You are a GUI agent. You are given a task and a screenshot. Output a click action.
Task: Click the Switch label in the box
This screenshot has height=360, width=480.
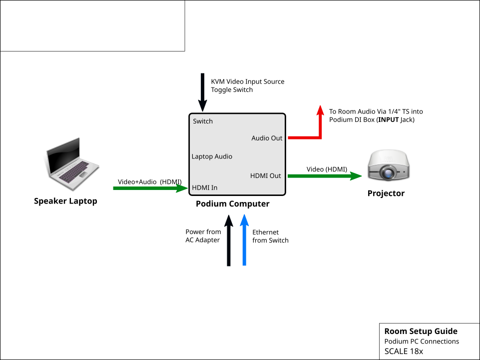pos(203,121)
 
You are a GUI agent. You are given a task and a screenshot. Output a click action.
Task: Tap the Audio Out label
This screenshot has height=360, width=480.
pos(267,138)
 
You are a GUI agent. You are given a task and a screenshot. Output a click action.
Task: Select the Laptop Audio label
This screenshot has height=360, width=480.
pos(212,156)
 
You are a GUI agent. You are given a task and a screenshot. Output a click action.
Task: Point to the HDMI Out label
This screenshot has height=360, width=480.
pos(265,176)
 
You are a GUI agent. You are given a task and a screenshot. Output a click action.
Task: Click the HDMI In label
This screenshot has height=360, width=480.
pos(205,188)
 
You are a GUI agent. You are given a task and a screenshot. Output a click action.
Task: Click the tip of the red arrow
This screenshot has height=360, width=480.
pos(320,107)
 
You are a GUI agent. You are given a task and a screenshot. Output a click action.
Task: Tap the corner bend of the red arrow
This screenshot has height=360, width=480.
pos(320,137)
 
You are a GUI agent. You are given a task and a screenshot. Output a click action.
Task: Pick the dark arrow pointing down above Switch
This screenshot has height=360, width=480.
pos(203,92)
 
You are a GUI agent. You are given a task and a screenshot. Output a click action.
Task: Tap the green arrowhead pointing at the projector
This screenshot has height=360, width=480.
pos(356,176)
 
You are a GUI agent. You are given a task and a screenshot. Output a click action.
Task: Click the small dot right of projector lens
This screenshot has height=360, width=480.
pos(403,173)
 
